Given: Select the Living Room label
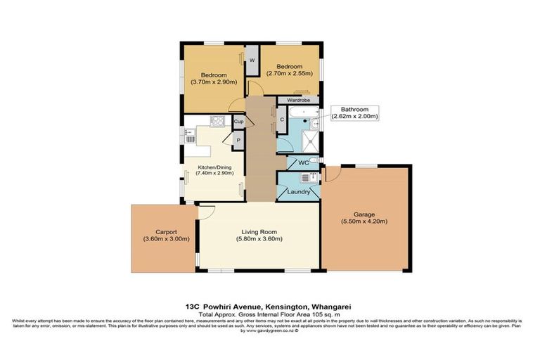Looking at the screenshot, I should (259, 232).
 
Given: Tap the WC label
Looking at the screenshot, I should (304, 164).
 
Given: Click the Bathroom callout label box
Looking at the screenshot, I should (359, 113).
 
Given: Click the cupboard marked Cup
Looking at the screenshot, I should (238, 122).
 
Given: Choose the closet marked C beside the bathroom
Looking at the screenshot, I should (282, 120).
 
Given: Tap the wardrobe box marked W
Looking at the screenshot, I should (251, 60).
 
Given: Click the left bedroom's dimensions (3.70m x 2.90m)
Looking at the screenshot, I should (214, 82).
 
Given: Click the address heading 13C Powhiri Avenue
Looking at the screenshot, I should (269, 307).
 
